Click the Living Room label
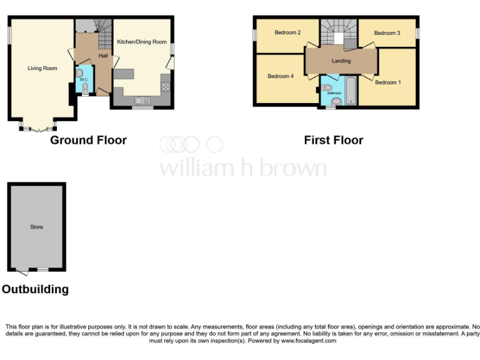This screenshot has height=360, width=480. click(42, 68)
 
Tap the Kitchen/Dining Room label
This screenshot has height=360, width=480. click(142, 42)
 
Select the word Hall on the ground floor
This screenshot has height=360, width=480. click(103, 56)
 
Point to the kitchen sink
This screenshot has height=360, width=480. click(139, 101)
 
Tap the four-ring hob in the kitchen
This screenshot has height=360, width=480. click(166, 87)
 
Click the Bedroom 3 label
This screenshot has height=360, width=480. click(386, 32)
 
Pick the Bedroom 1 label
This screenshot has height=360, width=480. click(388, 82)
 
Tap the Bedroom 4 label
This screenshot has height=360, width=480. click(280, 76)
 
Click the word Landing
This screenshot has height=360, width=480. click(341, 61)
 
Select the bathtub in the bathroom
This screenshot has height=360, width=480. click(349, 91)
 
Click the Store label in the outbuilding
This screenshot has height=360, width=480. click(37, 227)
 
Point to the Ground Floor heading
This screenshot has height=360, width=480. click(88, 141)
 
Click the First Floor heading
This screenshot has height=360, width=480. click(333, 141)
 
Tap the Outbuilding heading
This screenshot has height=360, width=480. click(35, 290)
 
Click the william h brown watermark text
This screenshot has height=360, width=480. click(242, 167)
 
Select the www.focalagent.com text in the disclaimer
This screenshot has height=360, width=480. click(308, 341)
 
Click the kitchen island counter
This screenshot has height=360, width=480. click(124, 74)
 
